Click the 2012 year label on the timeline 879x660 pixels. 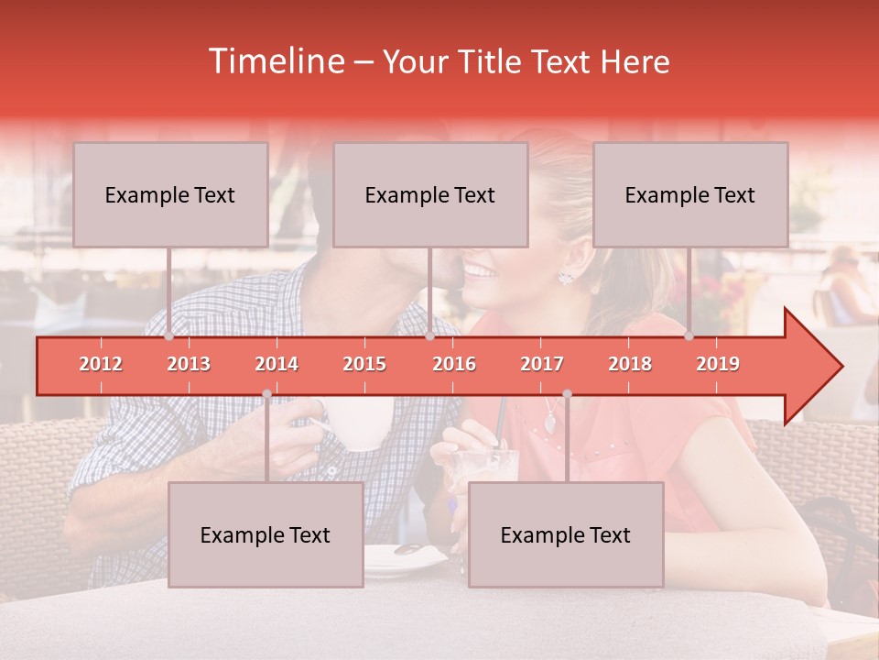tap(101, 364)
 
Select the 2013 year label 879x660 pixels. tap(189, 364)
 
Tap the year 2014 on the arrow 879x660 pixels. tap(277, 364)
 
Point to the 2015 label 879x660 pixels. tap(364, 364)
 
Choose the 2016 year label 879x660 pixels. tap(454, 364)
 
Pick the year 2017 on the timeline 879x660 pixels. tap(542, 364)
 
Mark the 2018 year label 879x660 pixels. tap(630, 364)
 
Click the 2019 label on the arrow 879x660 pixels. tap(718, 364)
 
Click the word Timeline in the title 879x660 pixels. tap(276, 61)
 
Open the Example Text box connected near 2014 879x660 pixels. tap(266, 534)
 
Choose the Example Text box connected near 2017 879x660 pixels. tap(566, 534)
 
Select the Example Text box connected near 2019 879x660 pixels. tap(690, 194)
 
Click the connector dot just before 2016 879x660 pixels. tap(430, 336)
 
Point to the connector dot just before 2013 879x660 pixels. tap(169, 336)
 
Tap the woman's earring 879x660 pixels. tap(566, 276)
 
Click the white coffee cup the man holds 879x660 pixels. tap(364, 423)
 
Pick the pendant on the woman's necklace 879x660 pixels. tap(549, 423)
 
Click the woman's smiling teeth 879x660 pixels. tap(480, 271)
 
